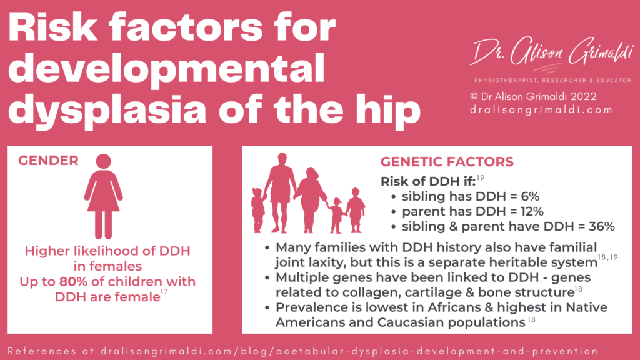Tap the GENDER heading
pos(48,161)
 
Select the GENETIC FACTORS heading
pos(447,162)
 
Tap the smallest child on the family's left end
pos(257,209)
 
